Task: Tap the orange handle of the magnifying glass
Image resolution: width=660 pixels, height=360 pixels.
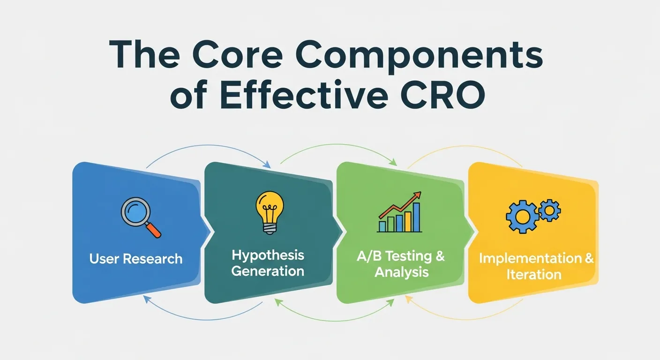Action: tap(153, 229)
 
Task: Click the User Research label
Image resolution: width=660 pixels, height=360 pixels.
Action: tap(136, 259)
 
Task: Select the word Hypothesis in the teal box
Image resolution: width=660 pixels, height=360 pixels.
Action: tap(268, 255)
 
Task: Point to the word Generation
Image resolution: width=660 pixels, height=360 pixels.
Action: tap(268, 271)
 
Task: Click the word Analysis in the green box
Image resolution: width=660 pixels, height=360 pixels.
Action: tap(401, 272)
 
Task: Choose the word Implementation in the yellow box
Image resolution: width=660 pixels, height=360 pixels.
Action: tap(530, 258)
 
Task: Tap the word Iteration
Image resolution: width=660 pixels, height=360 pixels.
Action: tap(533, 274)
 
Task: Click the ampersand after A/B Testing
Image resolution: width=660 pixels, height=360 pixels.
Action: tap(440, 256)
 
